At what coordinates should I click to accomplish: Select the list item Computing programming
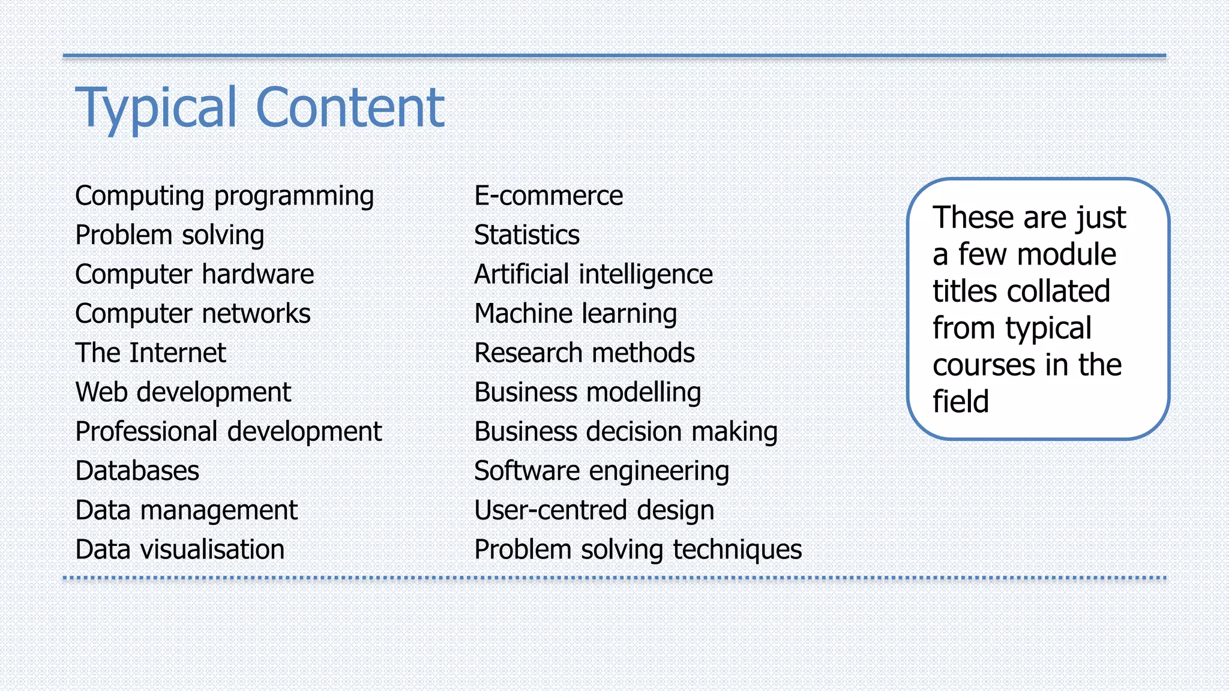(224, 196)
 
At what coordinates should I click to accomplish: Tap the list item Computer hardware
(194, 275)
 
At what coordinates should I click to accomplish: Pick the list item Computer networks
(193, 314)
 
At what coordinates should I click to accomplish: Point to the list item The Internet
(151, 353)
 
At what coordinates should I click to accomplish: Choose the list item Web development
(183, 392)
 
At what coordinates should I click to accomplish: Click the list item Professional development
(229, 432)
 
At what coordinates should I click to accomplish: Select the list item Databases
(137, 471)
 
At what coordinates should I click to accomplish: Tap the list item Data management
(186, 510)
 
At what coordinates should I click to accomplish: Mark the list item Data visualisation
(180, 549)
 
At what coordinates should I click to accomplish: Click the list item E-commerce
(548, 196)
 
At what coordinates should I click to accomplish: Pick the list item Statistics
(527, 235)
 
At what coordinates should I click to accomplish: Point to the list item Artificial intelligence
(593, 275)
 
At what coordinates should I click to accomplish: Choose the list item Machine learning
(575, 314)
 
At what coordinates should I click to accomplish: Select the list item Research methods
(584, 353)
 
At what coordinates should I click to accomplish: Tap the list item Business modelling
(587, 392)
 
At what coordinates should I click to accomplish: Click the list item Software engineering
(602, 471)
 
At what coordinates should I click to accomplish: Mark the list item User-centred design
(594, 510)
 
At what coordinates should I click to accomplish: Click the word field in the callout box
(960, 401)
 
